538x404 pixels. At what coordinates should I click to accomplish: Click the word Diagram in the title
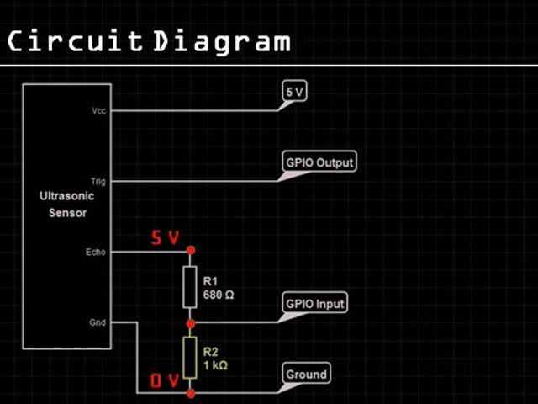[x=222, y=41]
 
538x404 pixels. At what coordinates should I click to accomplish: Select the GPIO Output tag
[x=319, y=162]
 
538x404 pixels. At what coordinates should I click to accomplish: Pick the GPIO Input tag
[x=316, y=303]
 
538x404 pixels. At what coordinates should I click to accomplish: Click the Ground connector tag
[x=306, y=374]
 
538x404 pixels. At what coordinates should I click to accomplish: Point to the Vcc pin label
[x=99, y=110]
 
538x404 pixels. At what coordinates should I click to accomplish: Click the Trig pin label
[x=98, y=181]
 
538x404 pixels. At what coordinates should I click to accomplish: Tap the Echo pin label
[x=96, y=252]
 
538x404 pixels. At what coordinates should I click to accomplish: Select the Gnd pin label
[x=98, y=322]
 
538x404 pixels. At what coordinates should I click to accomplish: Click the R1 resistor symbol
[x=191, y=286]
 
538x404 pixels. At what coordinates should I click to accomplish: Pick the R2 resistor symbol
[x=191, y=357]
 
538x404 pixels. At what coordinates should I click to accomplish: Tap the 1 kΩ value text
[x=215, y=366]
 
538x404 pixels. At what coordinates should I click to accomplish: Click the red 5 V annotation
[x=166, y=238]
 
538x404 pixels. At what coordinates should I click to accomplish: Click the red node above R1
[x=191, y=251]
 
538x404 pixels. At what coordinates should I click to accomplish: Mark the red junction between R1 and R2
[x=191, y=322]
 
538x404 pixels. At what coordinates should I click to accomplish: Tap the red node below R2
[x=191, y=392]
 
